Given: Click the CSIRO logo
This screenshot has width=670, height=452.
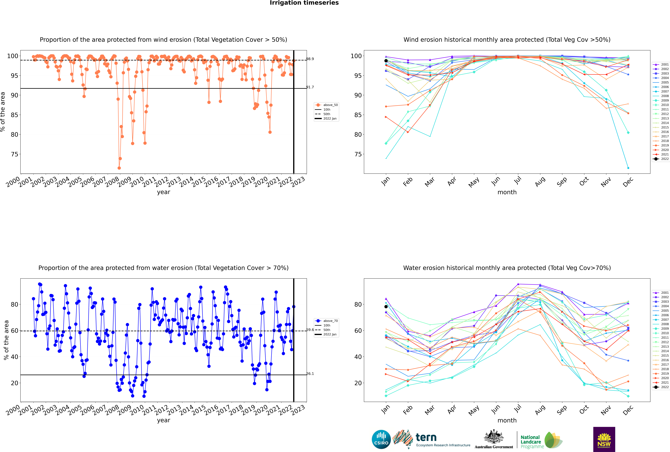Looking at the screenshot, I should (381, 439).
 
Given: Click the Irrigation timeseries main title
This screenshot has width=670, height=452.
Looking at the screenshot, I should (304, 3).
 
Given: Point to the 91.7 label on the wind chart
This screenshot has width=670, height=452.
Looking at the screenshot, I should (310, 87).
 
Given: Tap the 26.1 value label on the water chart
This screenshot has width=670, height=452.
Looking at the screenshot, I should (310, 374).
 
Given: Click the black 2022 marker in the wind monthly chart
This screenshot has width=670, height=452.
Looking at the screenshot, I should (386, 61).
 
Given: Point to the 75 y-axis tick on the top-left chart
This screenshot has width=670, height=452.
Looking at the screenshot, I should (14, 154).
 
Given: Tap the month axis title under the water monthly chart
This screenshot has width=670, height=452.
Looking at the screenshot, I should (507, 420).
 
